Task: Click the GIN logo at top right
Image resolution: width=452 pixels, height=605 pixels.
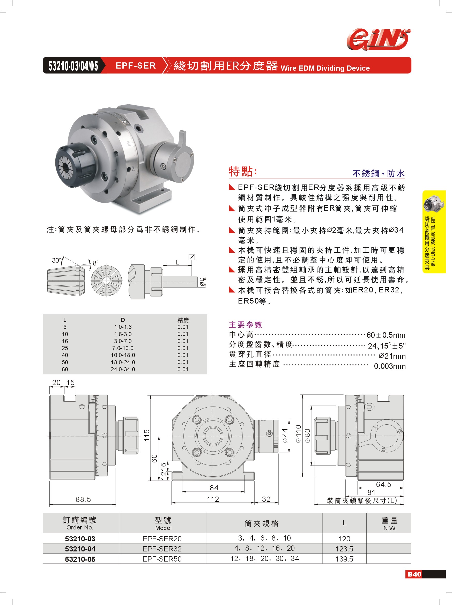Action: [379, 39]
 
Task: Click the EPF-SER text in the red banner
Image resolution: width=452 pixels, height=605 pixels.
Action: [136, 66]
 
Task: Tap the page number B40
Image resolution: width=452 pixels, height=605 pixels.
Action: [414, 574]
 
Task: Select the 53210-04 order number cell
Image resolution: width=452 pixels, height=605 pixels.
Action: [80, 549]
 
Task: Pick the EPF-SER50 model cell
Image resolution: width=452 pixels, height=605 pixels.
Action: [162, 559]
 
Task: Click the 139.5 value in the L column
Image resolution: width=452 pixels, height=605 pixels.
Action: [344, 559]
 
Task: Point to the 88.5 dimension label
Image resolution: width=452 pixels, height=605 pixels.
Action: [83, 499]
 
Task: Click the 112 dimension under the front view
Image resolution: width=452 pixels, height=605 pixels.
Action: [213, 499]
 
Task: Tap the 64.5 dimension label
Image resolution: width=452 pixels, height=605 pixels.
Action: [383, 484]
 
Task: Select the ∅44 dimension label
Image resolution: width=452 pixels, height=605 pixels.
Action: [285, 436]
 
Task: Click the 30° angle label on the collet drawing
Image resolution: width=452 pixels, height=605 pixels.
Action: [56, 260]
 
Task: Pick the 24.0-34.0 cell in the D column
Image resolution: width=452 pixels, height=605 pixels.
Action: [123, 369]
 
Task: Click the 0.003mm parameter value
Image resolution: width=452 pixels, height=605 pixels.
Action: [389, 366]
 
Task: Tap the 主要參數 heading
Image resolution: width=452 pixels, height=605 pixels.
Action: [245, 325]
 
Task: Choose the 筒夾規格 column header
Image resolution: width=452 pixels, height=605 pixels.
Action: [262, 523]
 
